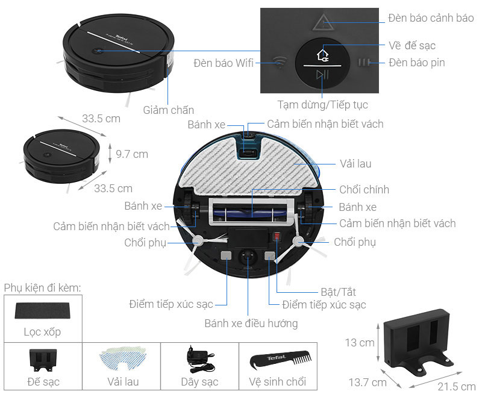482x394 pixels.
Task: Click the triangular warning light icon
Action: [x=321, y=22]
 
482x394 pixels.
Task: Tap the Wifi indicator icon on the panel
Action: [x=278, y=62]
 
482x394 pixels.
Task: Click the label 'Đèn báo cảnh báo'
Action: [x=431, y=17]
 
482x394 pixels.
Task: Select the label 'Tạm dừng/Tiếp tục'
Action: [x=322, y=105]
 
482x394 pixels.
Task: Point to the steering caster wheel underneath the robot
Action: [x=247, y=258]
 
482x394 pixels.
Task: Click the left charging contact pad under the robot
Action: [x=225, y=255]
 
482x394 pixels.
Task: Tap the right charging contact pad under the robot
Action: [x=270, y=255]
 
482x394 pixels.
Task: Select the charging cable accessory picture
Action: [x=199, y=359]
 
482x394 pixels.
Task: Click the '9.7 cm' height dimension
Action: [x=132, y=154]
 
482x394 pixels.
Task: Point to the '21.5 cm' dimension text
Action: [x=451, y=385]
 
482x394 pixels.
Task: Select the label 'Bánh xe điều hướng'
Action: [x=251, y=324]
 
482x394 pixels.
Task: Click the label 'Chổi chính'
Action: [x=365, y=189]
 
